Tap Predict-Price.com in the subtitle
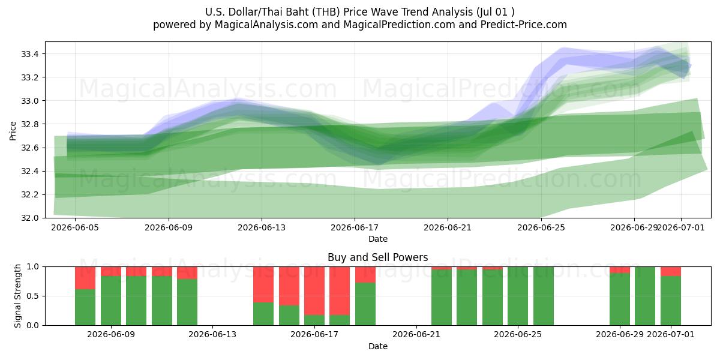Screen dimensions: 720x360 point(524,25)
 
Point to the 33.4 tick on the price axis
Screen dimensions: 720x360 point(30,54)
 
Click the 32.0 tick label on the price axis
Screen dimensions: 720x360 point(30,218)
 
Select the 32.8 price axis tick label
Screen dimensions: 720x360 point(30,124)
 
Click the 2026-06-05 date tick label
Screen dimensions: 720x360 point(75,227)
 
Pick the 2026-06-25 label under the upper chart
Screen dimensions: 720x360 point(541,227)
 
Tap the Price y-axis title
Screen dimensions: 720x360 point(13,131)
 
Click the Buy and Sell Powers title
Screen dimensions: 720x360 point(377,257)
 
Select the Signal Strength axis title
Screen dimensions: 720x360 point(17,296)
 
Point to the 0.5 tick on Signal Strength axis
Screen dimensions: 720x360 point(32,296)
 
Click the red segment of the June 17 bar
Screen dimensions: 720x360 point(314,291)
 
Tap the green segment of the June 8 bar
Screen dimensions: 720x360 point(85,307)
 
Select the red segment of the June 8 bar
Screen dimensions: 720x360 point(85,278)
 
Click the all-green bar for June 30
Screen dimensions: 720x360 point(645,296)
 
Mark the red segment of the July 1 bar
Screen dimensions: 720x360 point(671,271)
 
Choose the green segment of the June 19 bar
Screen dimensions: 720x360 point(365,304)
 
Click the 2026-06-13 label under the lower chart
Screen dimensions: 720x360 point(212,335)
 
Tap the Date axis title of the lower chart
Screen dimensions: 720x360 point(377,347)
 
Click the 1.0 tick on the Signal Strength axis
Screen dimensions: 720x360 point(32,267)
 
